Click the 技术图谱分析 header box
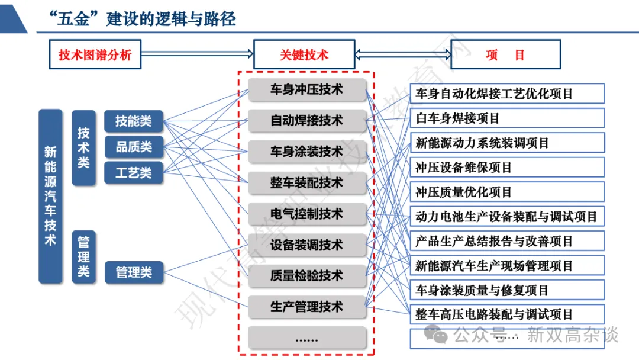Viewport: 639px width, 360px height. click(95, 55)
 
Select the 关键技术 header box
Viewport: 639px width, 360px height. click(304, 55)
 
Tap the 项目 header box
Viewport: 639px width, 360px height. click(505, 55)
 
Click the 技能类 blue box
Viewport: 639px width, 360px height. click(133, 121)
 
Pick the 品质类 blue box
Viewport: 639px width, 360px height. click(133, 147)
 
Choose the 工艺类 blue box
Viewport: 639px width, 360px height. click(133, 173)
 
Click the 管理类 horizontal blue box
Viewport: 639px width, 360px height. click(133, 272)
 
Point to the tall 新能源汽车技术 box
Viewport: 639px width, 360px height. click(50, 196)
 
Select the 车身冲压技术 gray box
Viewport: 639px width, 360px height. click(306, 89)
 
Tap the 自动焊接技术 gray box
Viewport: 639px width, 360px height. click(306, 121)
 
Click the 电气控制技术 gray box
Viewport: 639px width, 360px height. click(306, 214)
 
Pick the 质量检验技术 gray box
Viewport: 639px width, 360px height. click(306, 275)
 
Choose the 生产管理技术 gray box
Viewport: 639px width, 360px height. click(306, 307)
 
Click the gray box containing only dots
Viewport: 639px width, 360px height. click(306, 338)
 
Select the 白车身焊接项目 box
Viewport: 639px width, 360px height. click(507, 118)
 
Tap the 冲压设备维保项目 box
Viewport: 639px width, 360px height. click(507, 168)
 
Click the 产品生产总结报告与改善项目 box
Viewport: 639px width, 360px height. click(507, 241)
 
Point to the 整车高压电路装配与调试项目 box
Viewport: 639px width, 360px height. click(507, 314)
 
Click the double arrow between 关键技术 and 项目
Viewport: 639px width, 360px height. click(403, 54)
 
